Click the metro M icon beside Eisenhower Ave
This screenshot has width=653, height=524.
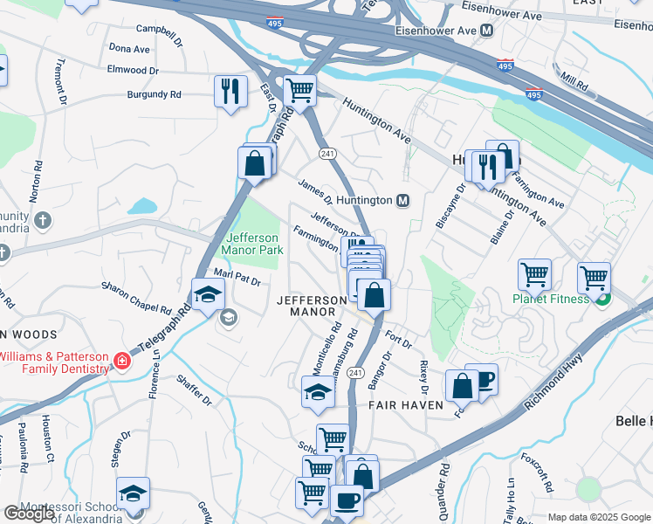[x=486, y=31]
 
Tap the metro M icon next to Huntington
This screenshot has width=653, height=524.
[x=403, y=200]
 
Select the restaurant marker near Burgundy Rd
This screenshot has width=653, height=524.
[x=230, y=90]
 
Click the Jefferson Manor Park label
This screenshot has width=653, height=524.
[x=254, y=244]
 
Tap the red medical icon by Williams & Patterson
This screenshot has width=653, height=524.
[x=122, y=362]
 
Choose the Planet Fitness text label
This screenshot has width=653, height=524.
[x=553, y=300]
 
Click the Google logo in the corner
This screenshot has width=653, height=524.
[x=28, y=514]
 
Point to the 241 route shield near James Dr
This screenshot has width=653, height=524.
[x=328, y=154]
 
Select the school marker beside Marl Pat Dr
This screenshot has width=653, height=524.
[x=208, y=294]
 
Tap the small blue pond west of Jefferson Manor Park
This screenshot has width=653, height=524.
[x=142, y=207]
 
